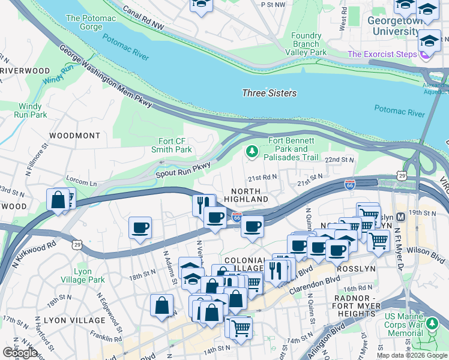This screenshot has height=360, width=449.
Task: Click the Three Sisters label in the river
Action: tap(269, 93)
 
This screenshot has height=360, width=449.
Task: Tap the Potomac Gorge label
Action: tap(91, 23)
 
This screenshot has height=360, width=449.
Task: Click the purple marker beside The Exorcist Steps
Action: tap(426, 54)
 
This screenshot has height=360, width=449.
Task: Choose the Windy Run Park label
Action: tap(31, 110)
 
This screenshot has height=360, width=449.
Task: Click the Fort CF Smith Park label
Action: tap(175, 145)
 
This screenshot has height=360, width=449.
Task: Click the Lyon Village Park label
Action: tap(90, 275)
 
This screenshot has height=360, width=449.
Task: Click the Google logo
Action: tap(20, 353)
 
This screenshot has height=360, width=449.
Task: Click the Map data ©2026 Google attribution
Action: tap(412, 355)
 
